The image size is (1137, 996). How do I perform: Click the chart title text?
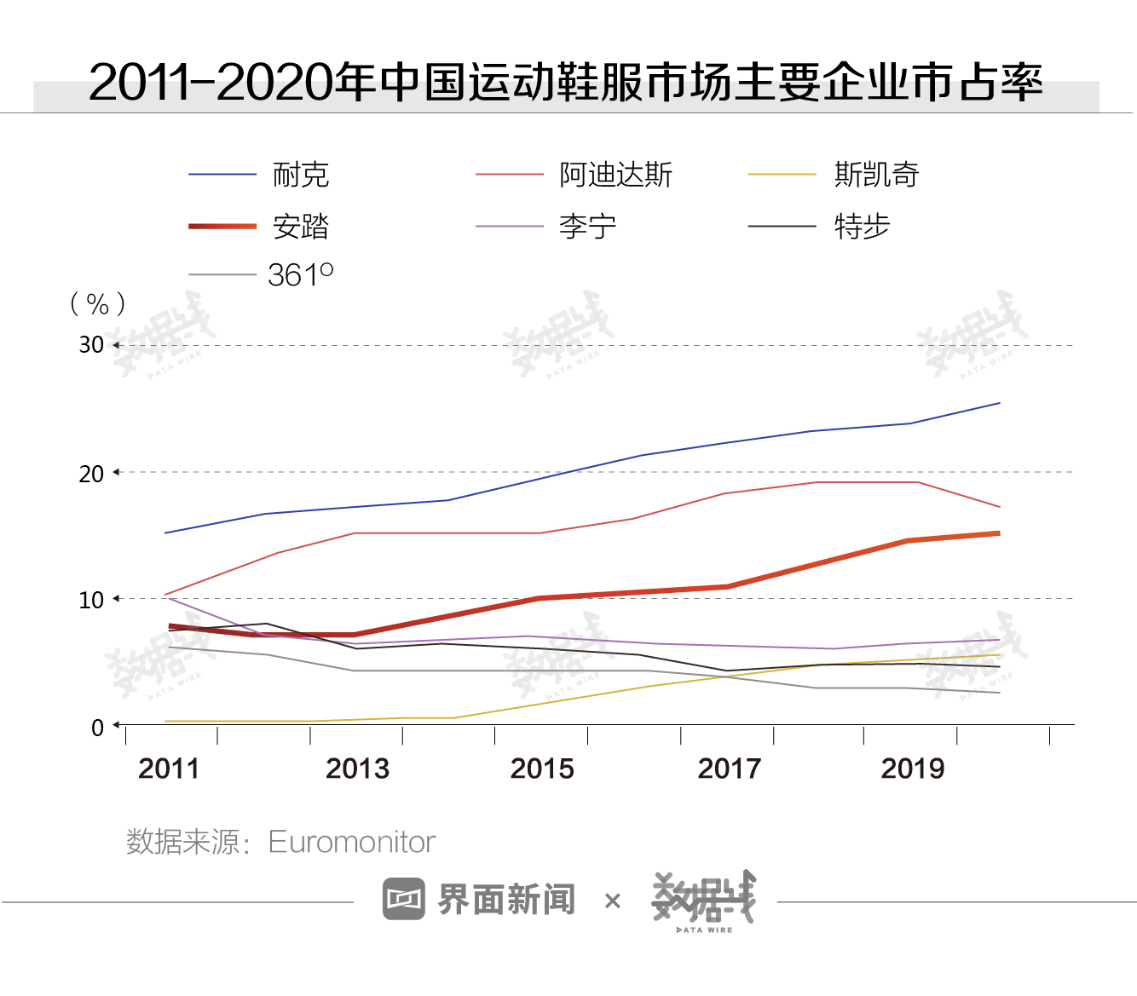pos(566,82)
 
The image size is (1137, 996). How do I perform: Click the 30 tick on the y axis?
pos(91,345)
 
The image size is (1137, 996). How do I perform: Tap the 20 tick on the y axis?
pos(91,474)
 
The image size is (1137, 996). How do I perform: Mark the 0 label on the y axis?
pos(97,728)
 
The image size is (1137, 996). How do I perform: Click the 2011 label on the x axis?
pos(169,769)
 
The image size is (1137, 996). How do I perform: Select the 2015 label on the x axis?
pos(542,769)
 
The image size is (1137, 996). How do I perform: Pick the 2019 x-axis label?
pos(913,769)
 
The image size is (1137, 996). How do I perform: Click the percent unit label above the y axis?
pos(98,303)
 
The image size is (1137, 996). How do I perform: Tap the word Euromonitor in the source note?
pos(351,842)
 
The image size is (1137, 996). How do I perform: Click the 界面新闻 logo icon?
pos(403,899)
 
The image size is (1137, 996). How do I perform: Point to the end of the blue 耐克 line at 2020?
pos(999,403)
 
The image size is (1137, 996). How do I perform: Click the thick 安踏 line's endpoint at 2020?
pos(998,533)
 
